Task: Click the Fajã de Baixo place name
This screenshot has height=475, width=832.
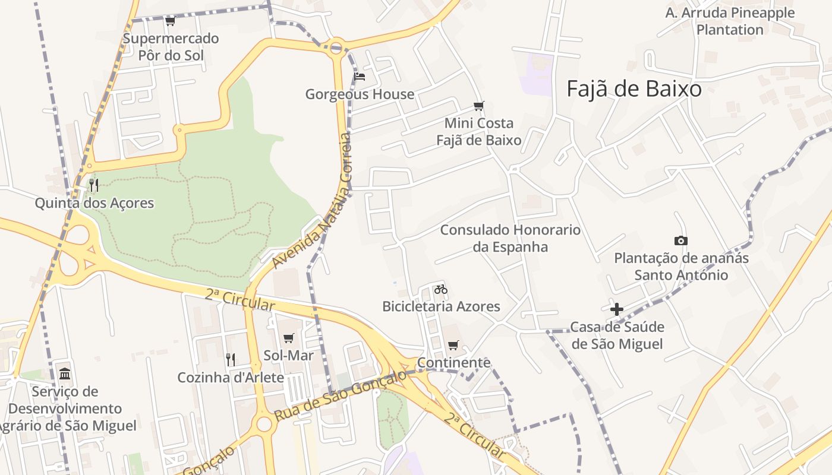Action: coord(634,89)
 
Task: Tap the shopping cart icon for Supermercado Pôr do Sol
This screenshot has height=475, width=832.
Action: coord(170,21)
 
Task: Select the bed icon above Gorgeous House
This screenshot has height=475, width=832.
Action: coord(360,77)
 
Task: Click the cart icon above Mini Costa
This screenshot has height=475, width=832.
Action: coord(478,106)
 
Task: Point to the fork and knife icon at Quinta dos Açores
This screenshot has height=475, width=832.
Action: coord(94,185)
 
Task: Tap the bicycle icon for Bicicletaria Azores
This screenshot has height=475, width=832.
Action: coord(440,289)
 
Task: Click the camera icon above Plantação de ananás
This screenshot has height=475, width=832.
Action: coord(681,240)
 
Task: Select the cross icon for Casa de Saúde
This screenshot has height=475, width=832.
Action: coord(617,309)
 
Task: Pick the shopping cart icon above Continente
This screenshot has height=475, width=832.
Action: coord(453,345)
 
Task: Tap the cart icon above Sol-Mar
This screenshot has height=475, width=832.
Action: coord(289,338)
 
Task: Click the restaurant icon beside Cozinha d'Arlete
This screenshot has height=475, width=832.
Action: coord(231,359)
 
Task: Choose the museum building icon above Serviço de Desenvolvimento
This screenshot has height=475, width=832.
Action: coord(65,374)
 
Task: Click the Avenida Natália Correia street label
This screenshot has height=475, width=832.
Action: coord(311,202)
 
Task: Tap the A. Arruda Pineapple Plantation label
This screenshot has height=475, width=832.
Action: coord(730,21)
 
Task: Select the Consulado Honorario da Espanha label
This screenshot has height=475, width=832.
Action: coord(510,238)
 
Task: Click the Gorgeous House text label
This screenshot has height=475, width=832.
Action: coord(360,94)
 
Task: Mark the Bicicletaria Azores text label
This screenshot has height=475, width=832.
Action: coord(441,306)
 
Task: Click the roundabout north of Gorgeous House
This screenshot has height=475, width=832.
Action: coord(336,45)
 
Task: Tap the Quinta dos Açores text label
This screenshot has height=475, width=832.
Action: coord(94,203)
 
